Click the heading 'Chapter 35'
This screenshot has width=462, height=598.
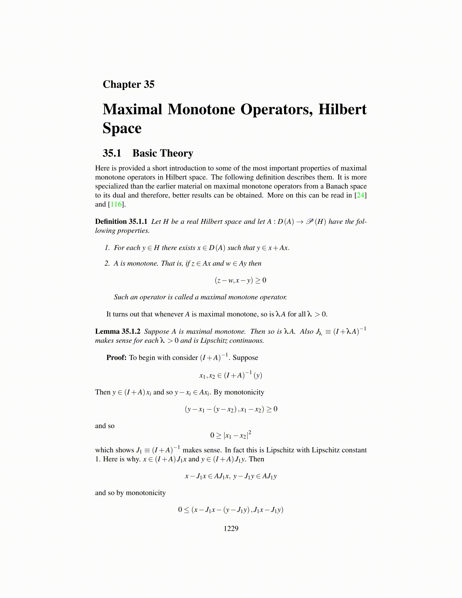pos(128,84)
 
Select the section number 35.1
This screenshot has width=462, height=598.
pos(112,153)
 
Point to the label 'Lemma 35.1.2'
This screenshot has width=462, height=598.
pos(118,331)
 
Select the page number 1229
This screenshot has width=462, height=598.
pos(231,529)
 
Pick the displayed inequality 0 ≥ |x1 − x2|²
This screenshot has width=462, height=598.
pos(231,435)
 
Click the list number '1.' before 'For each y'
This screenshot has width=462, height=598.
pos(107,248)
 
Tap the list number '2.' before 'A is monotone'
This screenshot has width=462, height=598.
pos(107,264)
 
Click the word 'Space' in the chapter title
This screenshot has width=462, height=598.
pos(122,128)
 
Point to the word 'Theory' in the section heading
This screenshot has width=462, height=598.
pos(178,153)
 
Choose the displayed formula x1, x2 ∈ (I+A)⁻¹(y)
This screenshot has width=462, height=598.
pos(231,375)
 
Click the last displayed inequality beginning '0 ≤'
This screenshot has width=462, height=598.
pos(231,510)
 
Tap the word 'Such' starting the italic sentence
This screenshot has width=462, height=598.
pos(121,297)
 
